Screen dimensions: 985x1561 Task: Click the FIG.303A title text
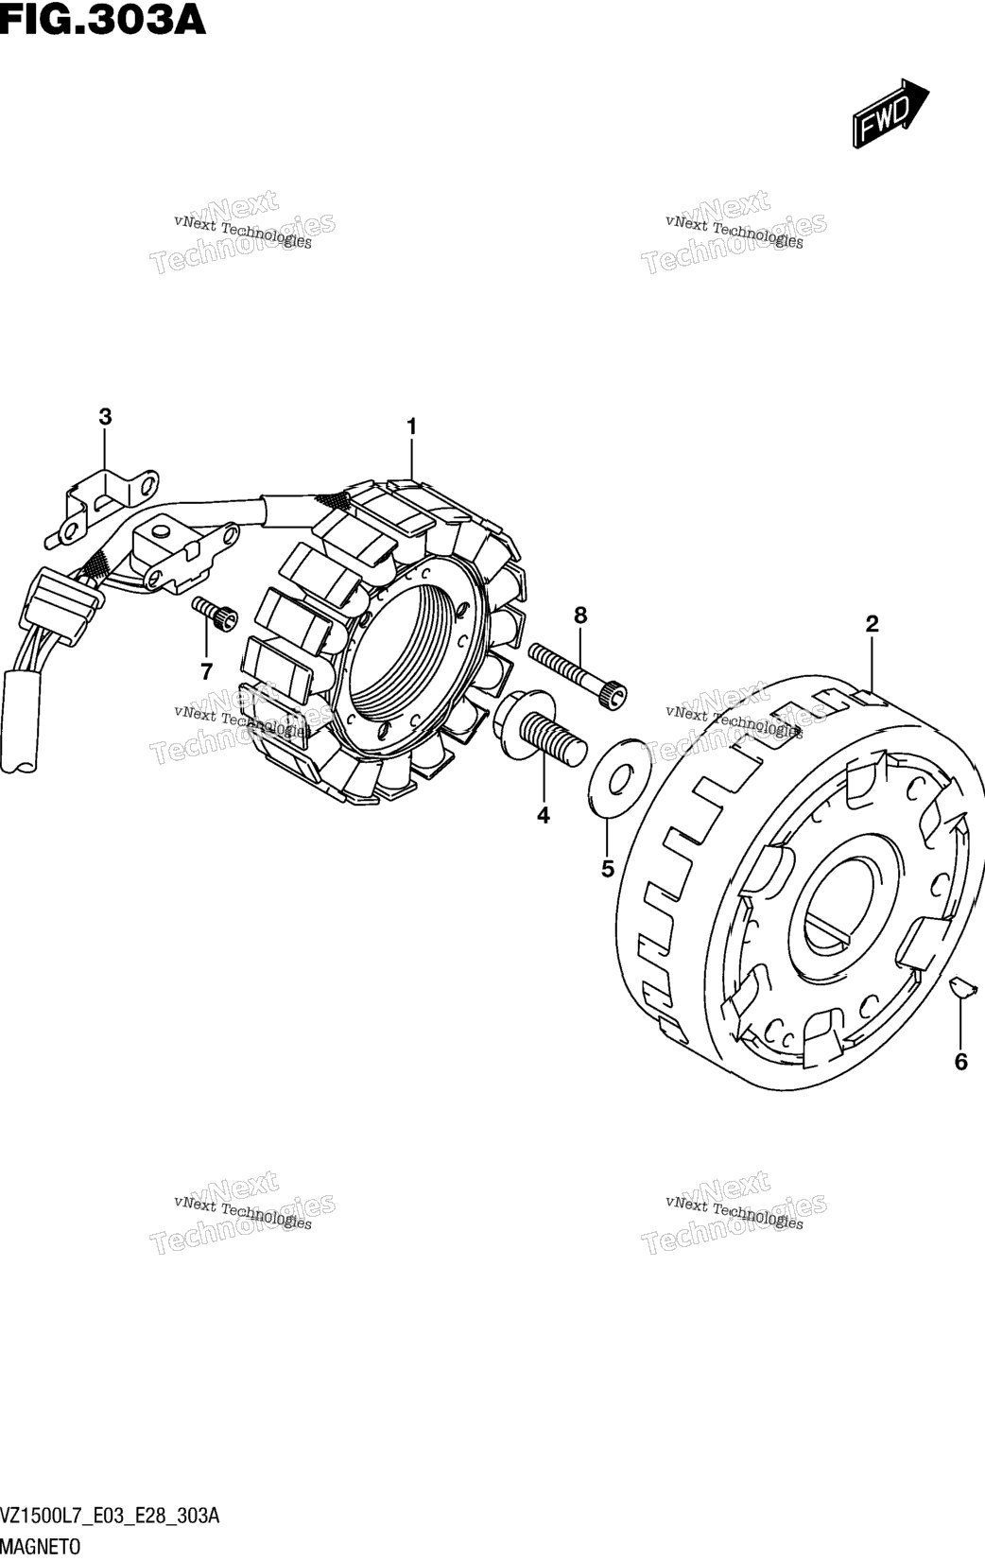pos(102,19)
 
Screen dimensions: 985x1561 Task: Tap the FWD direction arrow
pos(890,113)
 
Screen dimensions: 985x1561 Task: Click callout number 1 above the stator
pos(412,426)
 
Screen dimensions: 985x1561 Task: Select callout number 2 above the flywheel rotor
pos(873,624)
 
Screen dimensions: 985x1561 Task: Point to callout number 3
pos(105,417)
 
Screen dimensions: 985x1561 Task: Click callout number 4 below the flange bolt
pos(543,815)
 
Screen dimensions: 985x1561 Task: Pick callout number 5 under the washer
pos(608,869)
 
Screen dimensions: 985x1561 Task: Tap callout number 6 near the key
pos(960,1062)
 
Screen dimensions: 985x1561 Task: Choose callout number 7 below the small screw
pos(206,672)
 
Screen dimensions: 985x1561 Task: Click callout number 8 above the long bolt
pos(580,616)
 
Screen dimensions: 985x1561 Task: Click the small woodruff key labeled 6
pos(959,986)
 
